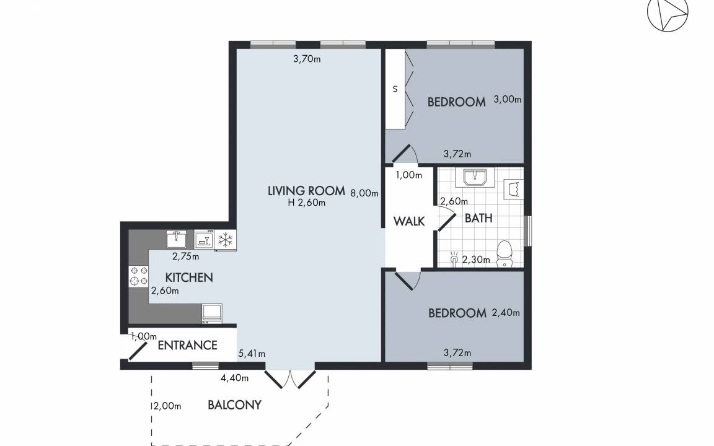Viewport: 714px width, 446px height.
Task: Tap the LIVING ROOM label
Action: coord(306,191)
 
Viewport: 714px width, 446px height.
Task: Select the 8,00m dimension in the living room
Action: coord(364,193)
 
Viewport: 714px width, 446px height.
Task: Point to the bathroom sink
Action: coord(475,178)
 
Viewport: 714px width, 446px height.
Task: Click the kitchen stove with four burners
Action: coord(139,276)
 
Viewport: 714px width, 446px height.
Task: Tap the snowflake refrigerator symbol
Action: coord(225,239)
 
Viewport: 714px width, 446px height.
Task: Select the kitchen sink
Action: coord(176,239)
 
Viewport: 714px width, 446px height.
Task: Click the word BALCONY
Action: coord(234,404)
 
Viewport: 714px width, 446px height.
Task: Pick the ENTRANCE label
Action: coord(187,345)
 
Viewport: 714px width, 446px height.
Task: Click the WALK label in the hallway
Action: coord(409,221)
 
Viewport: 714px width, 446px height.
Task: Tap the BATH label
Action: coord(478,219)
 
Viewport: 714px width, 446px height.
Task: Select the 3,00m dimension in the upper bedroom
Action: coord(508,100)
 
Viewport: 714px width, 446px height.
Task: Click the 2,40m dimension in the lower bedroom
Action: coord(506,313)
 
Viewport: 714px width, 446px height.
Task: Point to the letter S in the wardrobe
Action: coord(395,89)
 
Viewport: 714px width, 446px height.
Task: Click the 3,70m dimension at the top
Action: coord(307,59)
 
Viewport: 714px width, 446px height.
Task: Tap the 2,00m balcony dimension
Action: coord(167,406)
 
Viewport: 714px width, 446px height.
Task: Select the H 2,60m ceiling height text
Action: coord(306,203)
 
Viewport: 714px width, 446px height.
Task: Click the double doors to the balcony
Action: coord(290,379)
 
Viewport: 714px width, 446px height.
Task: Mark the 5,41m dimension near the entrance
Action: coord(252,354)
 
